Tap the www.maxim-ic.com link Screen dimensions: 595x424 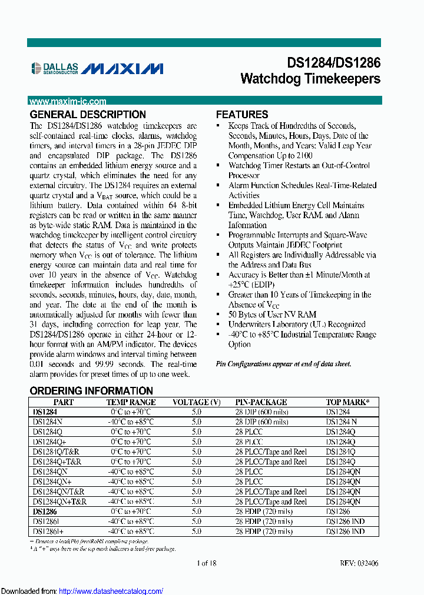(x=68, y=101)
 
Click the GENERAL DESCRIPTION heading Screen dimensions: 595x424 (x=88, y=115)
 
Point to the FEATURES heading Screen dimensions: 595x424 (x=242, y=115)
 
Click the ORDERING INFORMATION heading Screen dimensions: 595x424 (x=91, y=391)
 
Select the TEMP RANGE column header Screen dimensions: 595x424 (x=131, y=402)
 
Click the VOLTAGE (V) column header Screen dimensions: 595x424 (x=196, y=402)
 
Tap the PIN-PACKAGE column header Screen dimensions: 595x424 (x=261, y=402)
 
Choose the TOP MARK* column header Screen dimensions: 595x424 (x=347, y=402)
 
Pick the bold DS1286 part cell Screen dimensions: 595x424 (x=45, y=512)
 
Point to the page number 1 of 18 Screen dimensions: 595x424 (x=206, y=563)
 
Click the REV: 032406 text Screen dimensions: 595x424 (x=359, y=563)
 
